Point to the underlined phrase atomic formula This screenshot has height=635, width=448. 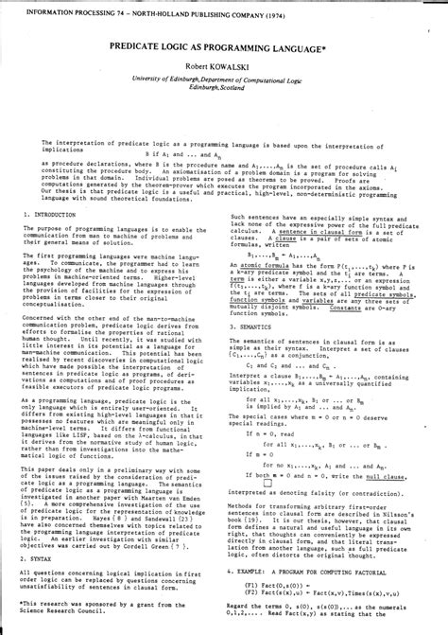(x=265, y=267)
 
